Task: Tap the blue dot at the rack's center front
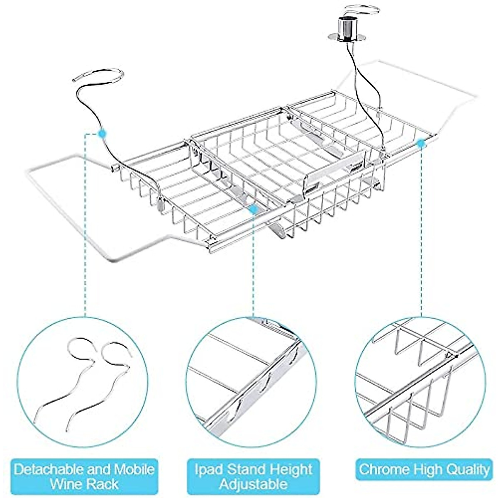pyautogui.click(x=252, y=210)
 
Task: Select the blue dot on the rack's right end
pyautogui.click(x=421, y=143)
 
